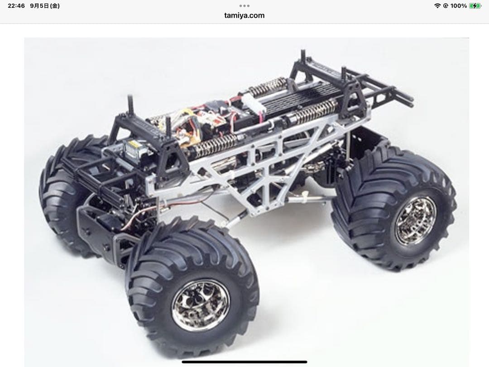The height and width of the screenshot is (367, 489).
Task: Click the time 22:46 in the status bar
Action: pyautogui.click(x=16, y=6)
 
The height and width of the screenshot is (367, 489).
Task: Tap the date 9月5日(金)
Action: pyautogui.click(x=45, y=6)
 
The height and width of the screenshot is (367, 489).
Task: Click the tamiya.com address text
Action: pyautogui.click(x=244, y=15)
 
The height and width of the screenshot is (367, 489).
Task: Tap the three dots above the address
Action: pyautogui.click(x=244, y=6)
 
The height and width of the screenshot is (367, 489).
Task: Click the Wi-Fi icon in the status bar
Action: pyautogui.click(x=437, y=6)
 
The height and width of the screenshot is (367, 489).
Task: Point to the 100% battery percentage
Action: pyautogui.click(x=458, y=6)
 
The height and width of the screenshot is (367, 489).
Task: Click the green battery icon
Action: pyautogui.click(x=475, y=6)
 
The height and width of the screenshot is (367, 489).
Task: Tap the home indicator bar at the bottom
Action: pyautogui.click(x=244, y=362)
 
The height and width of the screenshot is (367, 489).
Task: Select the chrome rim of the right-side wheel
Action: pyautogui.click(x=415, y=221)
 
